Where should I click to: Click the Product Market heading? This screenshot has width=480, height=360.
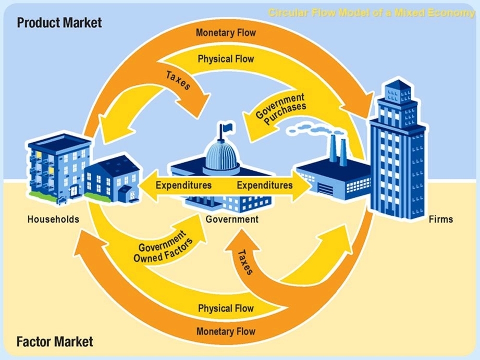tap(59, 23)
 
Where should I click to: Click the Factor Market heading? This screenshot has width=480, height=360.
tap(55, 342)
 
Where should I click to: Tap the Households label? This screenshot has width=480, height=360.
tap(53, 219)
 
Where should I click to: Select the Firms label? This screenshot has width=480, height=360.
tap(440, 219)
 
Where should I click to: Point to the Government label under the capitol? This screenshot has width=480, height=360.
tap(232, 219)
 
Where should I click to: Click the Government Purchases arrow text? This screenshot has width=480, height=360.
tap(280, 108)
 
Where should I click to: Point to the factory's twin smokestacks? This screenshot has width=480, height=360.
tap(338, 148)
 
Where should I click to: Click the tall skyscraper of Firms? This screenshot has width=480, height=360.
tap(397, 151)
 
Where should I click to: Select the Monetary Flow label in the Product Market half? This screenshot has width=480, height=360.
tap(226, 33)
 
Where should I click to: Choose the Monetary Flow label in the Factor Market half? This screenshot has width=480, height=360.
tap(226, 331)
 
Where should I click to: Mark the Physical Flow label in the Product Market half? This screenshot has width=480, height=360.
tap(226, 59)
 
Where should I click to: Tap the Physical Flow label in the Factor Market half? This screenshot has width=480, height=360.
tap(226, 308)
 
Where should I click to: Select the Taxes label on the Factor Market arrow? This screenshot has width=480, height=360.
tap(245, 262)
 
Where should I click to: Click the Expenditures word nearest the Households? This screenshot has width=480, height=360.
tap(183, 185)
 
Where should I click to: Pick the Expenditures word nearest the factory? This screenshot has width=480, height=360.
tap(265, 185)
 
